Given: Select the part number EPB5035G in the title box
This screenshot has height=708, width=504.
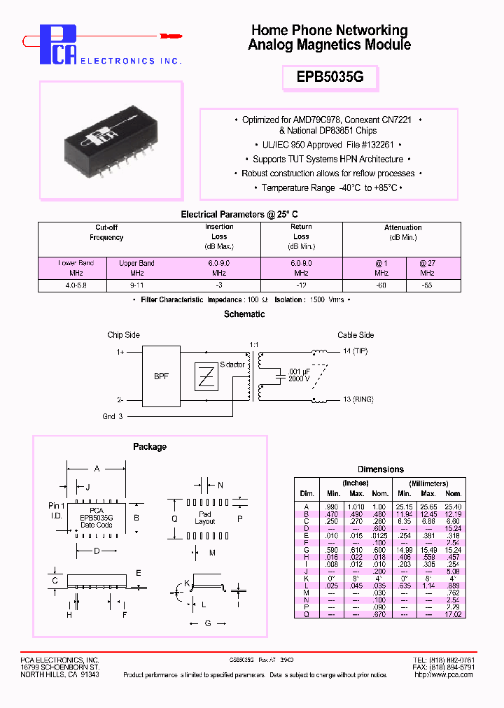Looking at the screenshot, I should click(x=329, y=78).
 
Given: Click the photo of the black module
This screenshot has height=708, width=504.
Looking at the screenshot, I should click(x=111, y=136).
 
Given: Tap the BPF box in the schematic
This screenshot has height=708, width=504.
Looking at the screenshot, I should click(x=161, y=376).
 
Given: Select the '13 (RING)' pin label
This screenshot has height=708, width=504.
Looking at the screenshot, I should click(x=358, y=399).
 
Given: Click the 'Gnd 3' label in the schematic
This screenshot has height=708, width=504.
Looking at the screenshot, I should click(x=113, y=416).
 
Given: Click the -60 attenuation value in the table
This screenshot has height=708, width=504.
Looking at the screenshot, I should click(x=381, y=285).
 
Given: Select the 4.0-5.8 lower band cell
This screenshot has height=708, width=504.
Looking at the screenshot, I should click(x=71, y=285).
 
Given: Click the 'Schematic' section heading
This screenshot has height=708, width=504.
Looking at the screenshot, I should click(x=244, y=314).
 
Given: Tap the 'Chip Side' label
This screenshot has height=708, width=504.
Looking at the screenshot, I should click(x=124, y=335).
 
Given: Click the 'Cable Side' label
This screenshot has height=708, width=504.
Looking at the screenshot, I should click(x=356, y=335).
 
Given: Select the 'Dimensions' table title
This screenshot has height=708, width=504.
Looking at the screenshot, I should click(x=381, y=469).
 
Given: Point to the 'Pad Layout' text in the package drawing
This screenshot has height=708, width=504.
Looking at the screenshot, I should click(x=205, y=518).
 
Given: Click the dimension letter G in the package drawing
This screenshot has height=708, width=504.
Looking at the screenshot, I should click(x=208, y=623).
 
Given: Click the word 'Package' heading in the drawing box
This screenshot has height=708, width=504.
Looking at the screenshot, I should click(x=150, y=446).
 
